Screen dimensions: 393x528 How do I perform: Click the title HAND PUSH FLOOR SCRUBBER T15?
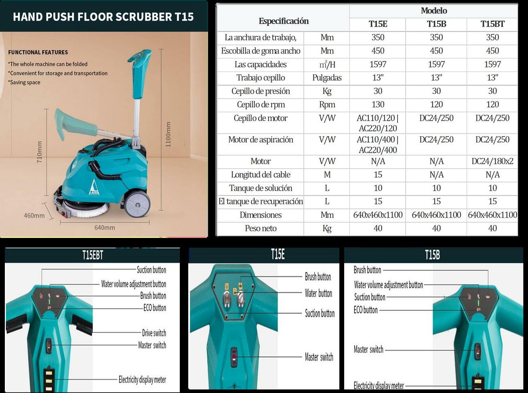tap(103, 17)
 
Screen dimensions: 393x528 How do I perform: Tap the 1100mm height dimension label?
tap(168, 134)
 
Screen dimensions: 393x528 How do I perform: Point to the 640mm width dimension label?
tap(105, 227)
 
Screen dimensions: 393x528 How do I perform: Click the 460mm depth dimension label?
tap(34, 216)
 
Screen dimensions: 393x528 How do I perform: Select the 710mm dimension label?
tap(40, 152)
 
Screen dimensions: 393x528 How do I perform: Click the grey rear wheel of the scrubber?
tap(137, 204)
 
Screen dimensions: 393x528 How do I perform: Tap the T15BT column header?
tap(492, 24)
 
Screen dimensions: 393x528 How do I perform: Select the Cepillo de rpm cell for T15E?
tap(378, 105)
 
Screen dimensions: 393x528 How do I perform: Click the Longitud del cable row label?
tap(261, 174)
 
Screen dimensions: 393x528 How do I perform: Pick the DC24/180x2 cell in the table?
tap(492, 161)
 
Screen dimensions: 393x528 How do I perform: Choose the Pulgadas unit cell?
tap(327, 78)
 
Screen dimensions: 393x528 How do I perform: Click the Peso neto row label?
tap(261, 228)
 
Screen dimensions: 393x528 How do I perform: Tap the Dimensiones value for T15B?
tap(436, 215)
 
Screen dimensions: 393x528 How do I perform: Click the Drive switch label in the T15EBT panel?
tap(154, 333)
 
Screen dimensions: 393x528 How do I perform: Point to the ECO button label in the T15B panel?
tap(366, 310)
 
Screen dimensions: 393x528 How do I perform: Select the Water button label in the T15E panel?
tap(318, 293)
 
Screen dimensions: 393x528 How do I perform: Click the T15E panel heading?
tap(278, 254)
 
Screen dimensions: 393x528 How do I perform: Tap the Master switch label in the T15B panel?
tap(368, 349)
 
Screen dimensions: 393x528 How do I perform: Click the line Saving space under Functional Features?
tap(25, 82)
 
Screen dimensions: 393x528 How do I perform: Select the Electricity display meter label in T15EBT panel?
tap(142, 379)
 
